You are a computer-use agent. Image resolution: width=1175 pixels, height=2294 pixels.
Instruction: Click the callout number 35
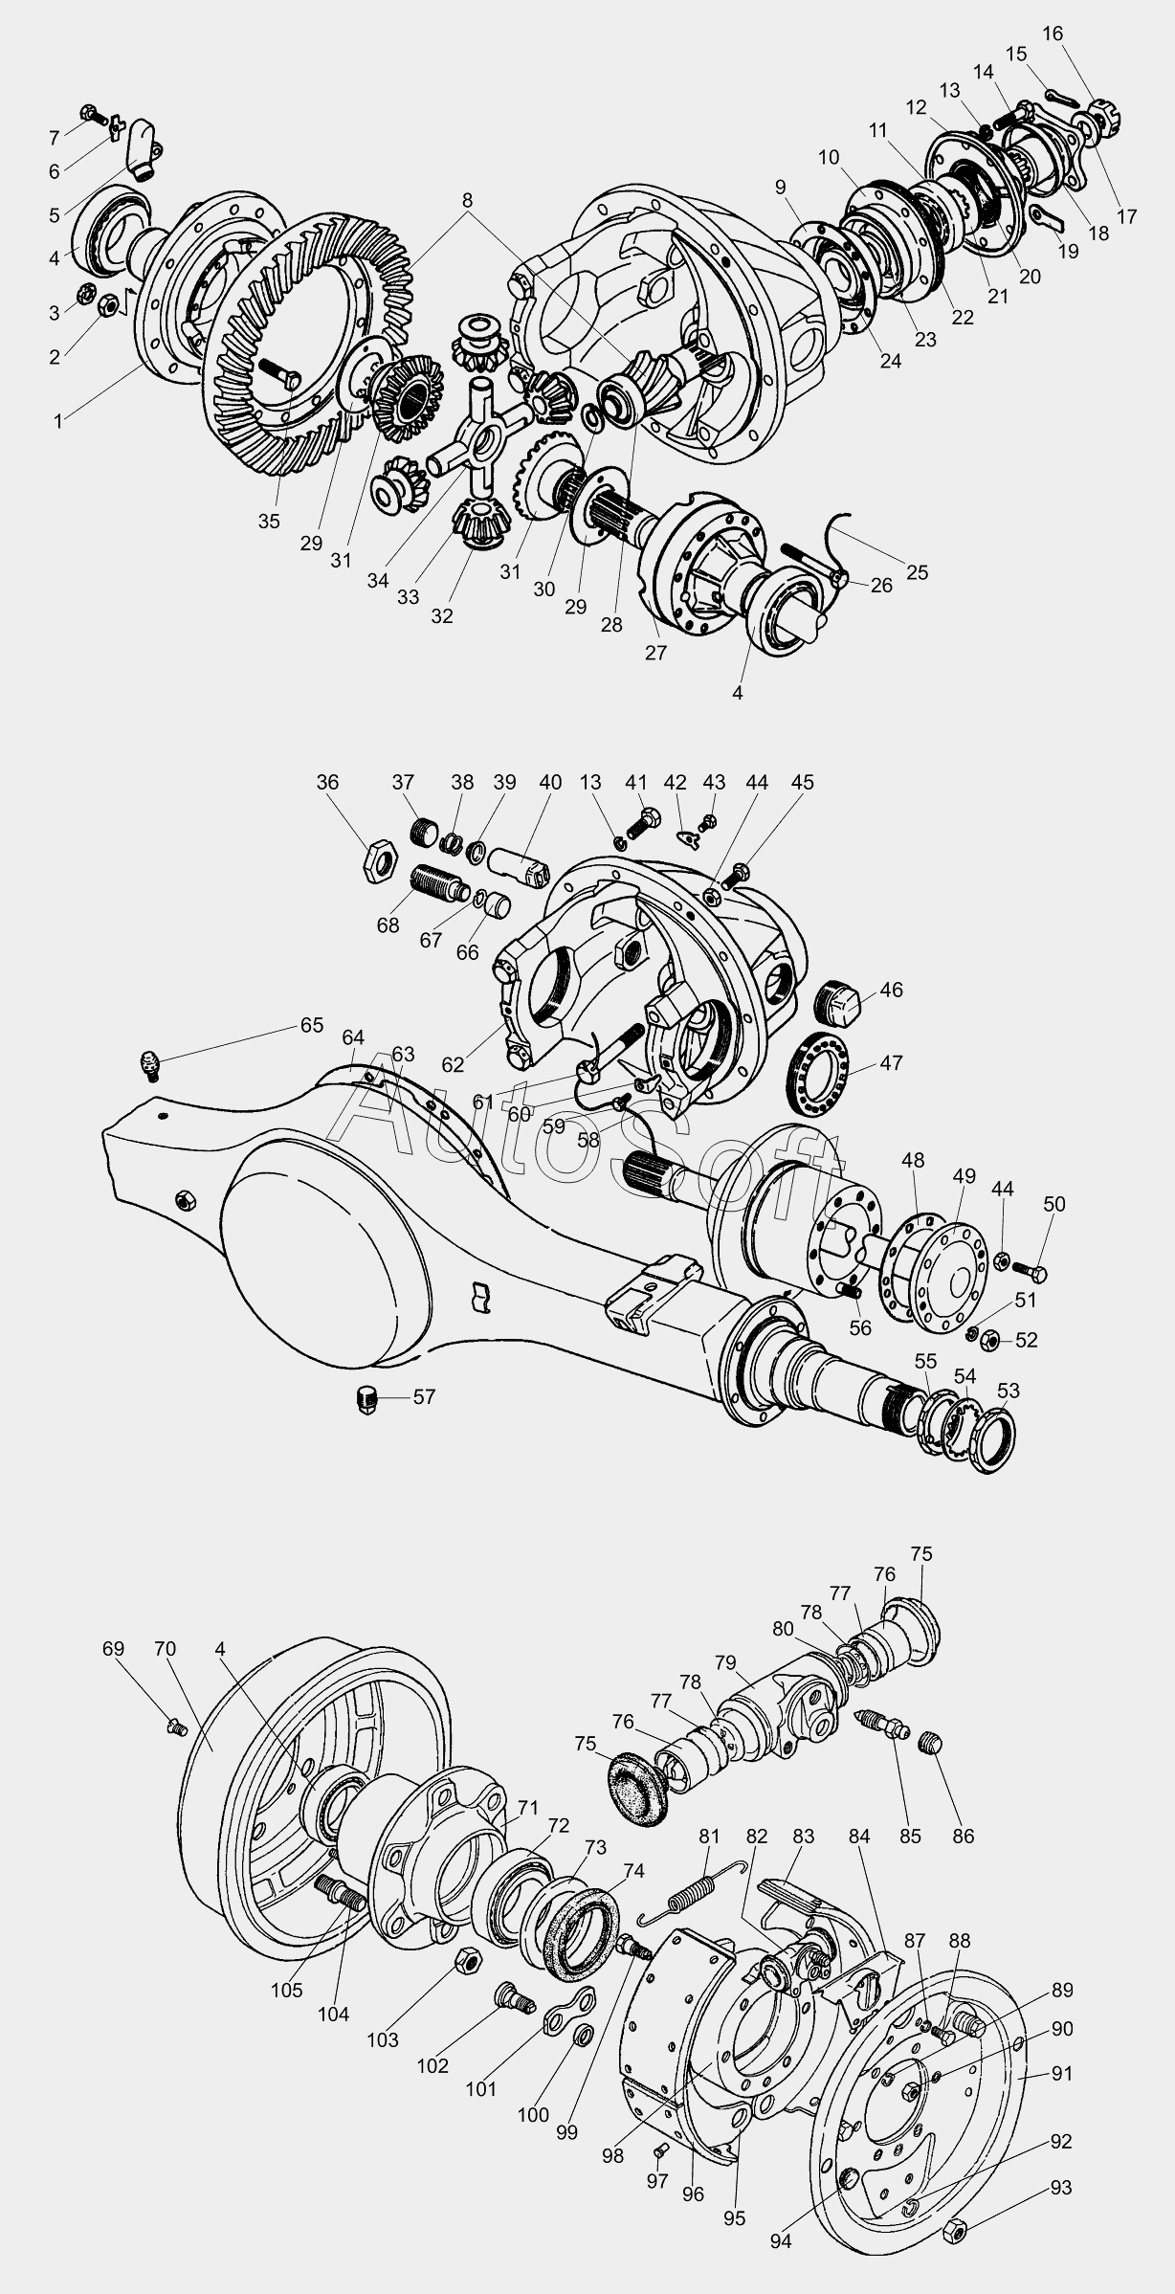(x=269, y=522)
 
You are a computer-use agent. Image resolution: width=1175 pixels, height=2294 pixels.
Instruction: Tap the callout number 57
(x=424, y=1396)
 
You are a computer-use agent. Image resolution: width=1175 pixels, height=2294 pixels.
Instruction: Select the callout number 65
(x=312, y=1024)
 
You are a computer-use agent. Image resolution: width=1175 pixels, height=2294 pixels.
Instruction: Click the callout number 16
(x=1052, y=34)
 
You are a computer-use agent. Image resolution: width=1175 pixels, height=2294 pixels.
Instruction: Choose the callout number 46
(x=891, y=990)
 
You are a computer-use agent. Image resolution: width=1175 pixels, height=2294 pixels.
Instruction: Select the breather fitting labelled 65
(x=150, y=1063)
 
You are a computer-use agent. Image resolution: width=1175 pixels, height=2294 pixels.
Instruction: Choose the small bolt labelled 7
(x=87, y=111)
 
